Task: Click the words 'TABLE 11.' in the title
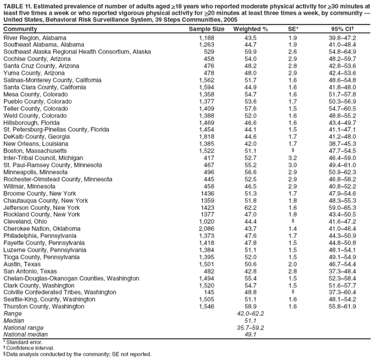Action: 18,6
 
